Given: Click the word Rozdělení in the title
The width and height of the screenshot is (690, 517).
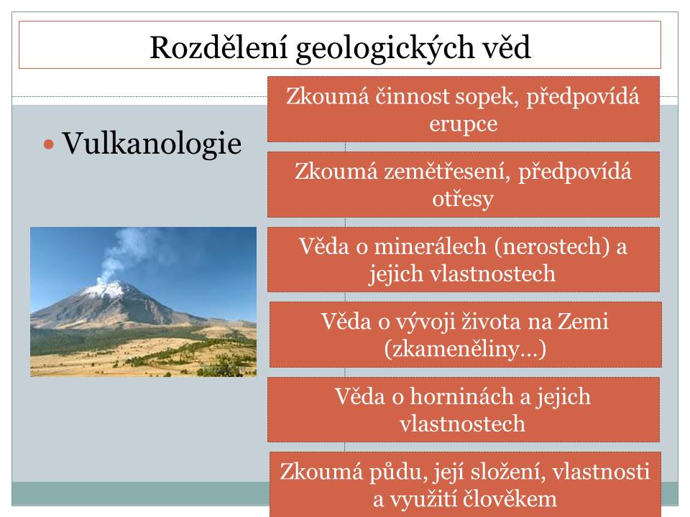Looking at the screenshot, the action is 218,47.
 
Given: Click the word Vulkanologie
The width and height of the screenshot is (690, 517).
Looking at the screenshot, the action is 152,144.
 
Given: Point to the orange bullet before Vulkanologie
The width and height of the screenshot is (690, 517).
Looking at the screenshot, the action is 48,144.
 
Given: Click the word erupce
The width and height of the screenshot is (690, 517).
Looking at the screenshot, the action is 464,124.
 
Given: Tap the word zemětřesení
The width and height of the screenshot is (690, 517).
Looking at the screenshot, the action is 446,171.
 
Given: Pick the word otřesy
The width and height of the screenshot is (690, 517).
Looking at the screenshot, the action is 463,199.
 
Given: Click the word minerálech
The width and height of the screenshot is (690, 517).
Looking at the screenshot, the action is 430,246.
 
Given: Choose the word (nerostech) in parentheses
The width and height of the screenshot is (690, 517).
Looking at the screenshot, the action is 552,246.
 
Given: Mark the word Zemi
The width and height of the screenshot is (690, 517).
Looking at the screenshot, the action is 583,322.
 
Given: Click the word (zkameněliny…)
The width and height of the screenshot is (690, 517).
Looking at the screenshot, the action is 465,350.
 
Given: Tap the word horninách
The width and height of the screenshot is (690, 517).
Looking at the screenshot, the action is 461,396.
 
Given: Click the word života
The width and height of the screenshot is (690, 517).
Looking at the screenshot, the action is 491,322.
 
